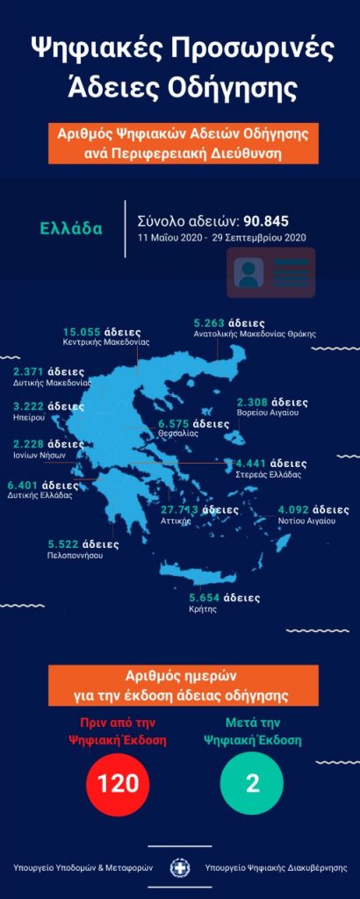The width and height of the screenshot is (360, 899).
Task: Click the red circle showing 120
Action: (x=118, y=783)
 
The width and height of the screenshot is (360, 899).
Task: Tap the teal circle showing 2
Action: (x=252, y=783)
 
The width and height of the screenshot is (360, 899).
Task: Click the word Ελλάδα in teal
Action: (x=71, y=228)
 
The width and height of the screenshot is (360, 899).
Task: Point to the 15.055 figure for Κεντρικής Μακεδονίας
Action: (x=83, y=332)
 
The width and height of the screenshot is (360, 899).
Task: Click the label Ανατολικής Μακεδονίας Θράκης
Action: (x=255, y=334)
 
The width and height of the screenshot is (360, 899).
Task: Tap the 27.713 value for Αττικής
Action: (x=181, y=509)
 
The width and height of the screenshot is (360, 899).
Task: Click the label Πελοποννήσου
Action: (x=76, y=556)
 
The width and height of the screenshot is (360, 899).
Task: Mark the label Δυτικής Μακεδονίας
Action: (x=52, y=383)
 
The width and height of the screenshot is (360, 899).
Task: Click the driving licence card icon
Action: (x=270, y=273)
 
